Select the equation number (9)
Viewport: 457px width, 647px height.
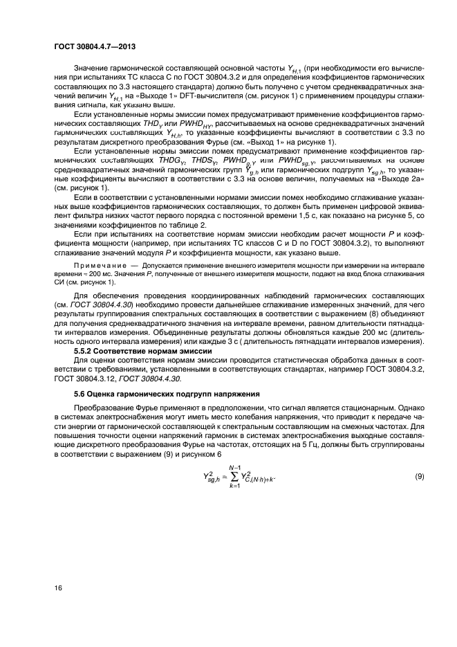[x=419, y=477]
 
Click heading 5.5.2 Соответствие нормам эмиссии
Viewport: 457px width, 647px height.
[x=130, y=352]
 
